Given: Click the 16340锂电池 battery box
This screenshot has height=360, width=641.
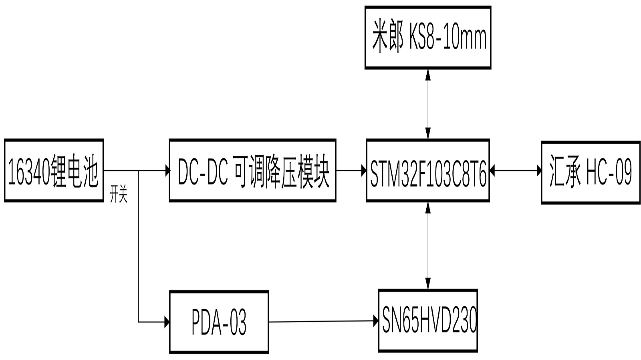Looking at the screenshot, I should click(54, 171).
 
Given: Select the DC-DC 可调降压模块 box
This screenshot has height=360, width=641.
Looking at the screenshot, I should click(252, 171).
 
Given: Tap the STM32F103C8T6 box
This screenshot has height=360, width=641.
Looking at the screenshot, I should click(428, 171).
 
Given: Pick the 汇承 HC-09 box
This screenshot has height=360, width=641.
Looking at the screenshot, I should click(591, 173).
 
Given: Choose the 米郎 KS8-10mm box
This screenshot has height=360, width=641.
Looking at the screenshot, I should click(428, 38).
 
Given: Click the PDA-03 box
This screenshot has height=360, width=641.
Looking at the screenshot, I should click(219, 322).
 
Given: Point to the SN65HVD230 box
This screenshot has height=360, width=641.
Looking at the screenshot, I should click(428, 320).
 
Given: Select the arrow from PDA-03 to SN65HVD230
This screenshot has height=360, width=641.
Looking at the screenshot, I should click(323, 321).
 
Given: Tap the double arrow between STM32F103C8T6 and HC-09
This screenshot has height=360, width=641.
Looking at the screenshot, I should click(515, 171).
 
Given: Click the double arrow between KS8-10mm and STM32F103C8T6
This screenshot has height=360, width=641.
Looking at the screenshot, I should click(428, 104).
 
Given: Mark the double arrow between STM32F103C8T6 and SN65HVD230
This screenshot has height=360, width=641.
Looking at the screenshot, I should click(428, 245).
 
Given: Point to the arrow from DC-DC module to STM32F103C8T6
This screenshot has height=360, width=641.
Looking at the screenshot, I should click(351, 171).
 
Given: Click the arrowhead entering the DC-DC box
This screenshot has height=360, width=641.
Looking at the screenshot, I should click(167, 171).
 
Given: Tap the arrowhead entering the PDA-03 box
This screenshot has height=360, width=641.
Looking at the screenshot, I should click(166, 322).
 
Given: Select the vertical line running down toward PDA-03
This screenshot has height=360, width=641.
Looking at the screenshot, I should click(139, 248).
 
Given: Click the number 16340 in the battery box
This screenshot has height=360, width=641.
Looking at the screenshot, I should click(29, 173).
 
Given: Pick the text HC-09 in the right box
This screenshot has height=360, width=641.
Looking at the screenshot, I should click(609, 173).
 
